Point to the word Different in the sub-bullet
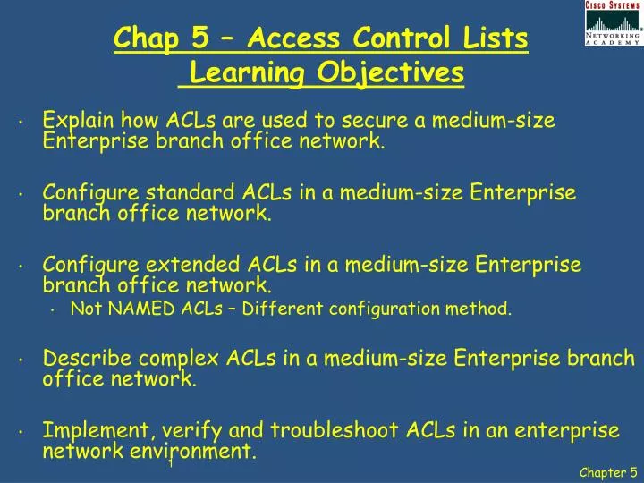point(284,309)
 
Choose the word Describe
point(86,359)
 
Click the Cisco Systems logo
point(613,23)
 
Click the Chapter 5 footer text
point(607,472)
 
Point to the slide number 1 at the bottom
point(170,463)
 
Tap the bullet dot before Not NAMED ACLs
point(55,311)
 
